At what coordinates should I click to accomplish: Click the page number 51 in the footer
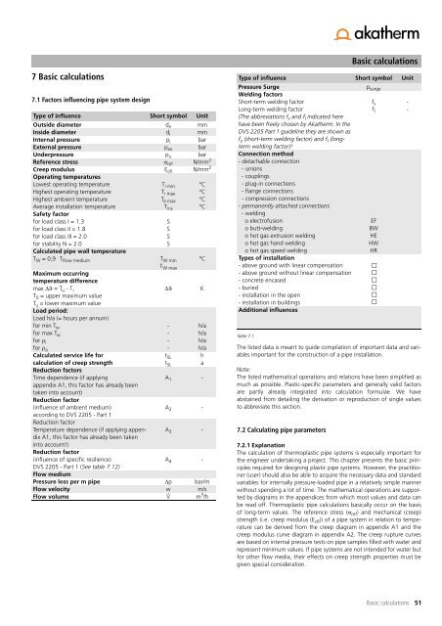click(x=417, y=604)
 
